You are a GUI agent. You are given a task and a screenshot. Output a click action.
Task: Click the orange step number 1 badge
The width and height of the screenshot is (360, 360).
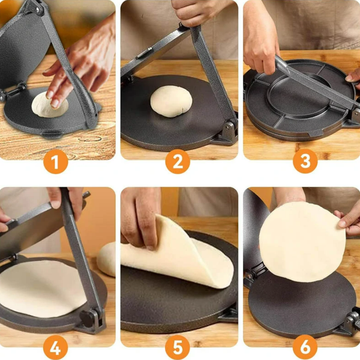56,161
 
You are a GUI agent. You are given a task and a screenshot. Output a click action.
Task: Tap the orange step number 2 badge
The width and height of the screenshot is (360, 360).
178,161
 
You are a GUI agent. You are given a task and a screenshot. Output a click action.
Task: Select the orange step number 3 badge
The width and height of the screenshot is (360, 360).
305,161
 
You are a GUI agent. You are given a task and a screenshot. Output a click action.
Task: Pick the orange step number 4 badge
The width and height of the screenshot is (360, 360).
56,348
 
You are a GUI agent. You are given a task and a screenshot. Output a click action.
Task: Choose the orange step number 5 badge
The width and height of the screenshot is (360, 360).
178,348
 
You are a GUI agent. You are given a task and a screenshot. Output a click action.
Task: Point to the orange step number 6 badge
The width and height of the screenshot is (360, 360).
305,348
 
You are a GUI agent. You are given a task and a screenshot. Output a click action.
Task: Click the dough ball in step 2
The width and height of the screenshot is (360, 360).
171,102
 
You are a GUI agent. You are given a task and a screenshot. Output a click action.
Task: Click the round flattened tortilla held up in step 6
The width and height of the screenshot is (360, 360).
302,242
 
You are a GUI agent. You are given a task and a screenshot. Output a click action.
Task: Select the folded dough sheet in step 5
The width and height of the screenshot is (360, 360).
177,253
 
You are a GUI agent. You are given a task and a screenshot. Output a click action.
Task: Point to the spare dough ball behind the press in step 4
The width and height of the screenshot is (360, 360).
107,259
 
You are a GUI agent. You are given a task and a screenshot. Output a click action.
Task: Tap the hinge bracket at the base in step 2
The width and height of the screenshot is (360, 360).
227,132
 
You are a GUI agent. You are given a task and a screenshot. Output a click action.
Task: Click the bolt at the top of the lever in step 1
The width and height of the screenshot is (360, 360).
37,9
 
